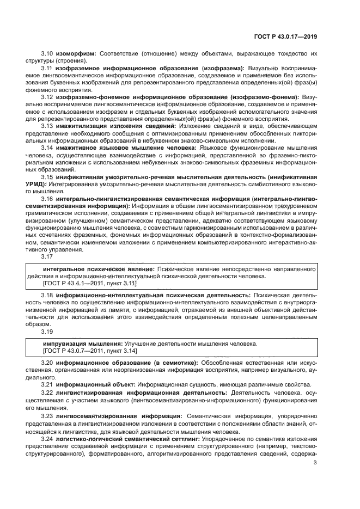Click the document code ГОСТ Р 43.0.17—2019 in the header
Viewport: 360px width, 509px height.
click(x=285, y=36)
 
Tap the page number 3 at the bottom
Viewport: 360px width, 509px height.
click(x=316, y=463)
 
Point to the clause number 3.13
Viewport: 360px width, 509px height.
click(x=47, y=126)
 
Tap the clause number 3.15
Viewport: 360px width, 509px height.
click(x=47, y=177)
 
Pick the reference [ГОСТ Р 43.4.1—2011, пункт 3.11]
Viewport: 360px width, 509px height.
click(x=90, y=284)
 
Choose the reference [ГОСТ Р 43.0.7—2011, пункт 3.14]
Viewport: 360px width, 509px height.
click(x=90, y=351)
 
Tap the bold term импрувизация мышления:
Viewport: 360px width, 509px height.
click(x=83, y=344)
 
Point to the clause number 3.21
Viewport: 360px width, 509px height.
click(x=47, y=384)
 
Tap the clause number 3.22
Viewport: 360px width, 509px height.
click(x=47, y=392)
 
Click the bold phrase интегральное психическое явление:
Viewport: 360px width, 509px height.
click(x=99, y=269)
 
